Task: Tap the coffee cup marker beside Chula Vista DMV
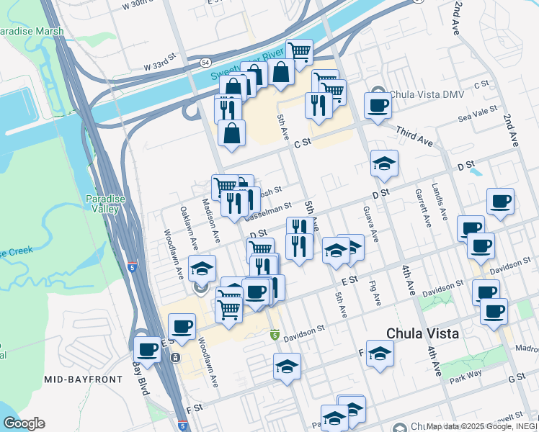(x=378, y=107)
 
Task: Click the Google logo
(x=24, y=423)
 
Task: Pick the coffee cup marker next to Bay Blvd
(x=147, y=350)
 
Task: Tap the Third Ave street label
(x=416, y=136)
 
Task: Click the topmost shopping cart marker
(x=299, y=51)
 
